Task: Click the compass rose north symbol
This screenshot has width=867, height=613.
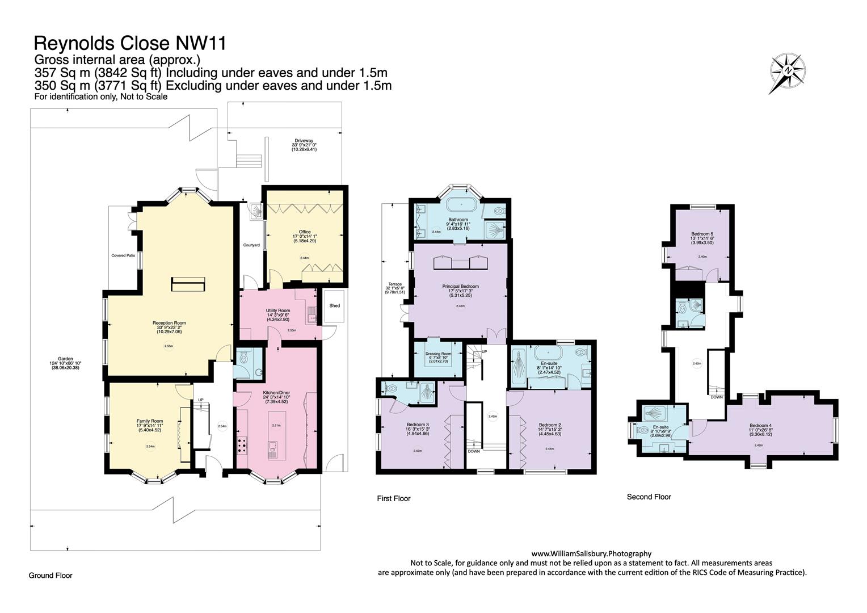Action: (x=788, y=70)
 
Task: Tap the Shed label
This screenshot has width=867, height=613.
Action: (x=335, y=306)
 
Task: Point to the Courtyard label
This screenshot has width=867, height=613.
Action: (x=251, y=245)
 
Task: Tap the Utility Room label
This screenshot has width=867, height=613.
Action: (x=278, y=310)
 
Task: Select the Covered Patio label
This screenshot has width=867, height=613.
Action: (x=123, y=256)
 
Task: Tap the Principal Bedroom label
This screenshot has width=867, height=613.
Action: (x=460, y=287)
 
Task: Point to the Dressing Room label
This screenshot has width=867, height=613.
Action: (x=438, y=353)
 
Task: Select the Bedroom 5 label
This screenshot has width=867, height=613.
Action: (x=702, y=234)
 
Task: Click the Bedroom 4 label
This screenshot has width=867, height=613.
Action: (x=760, y=426)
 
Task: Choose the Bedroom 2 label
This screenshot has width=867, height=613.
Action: (x=550, y=425)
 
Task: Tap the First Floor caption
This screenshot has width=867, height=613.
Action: (x=393, y=499)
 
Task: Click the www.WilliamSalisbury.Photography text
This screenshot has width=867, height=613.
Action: (x=591, y=553)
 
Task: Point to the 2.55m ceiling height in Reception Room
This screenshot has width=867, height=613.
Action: (x=169, y=346)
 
